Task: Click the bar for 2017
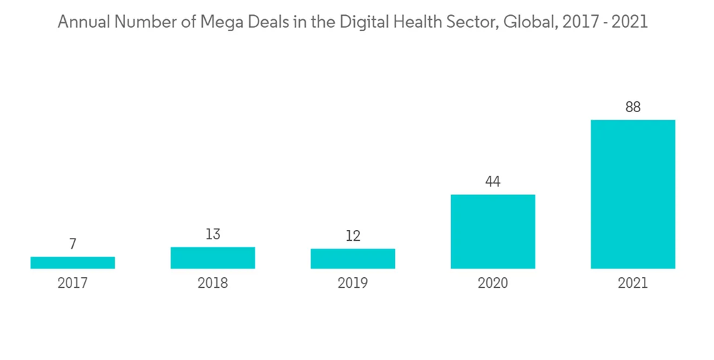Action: [73, 263]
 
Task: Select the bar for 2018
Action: [213, 258]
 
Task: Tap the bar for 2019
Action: [353, 259]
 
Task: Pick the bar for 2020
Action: [493, 231]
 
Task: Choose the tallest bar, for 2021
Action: [633, 194]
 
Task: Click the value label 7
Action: [73, 244]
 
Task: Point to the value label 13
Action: [213, 234]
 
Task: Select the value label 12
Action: [353, 236]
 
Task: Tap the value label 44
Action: [493, 181]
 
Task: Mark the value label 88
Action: [633, 107]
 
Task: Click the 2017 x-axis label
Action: [73, 284]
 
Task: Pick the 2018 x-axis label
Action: [213, 284]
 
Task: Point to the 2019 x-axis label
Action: [353, 284]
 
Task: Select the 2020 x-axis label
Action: [493, 284]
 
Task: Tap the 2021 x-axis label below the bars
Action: [633, 284]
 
